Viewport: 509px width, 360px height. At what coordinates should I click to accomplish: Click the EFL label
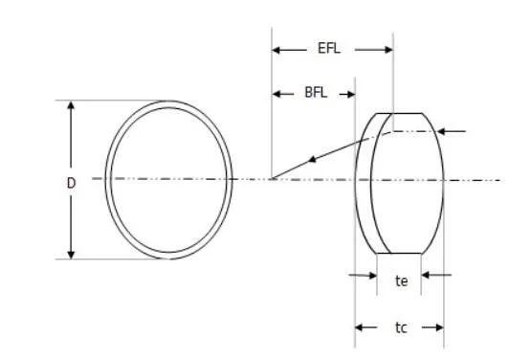(331, 47)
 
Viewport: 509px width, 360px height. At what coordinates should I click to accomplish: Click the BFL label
(313, 94)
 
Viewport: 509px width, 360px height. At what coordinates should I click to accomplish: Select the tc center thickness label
(401, 328)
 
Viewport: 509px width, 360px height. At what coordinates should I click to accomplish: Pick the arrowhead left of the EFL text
(277, 48)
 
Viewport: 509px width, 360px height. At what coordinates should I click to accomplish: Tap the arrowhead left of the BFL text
(277, 94)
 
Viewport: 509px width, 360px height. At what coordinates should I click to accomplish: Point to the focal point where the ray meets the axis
(273, 179)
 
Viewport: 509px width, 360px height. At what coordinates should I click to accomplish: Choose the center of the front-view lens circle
(168, 179)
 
